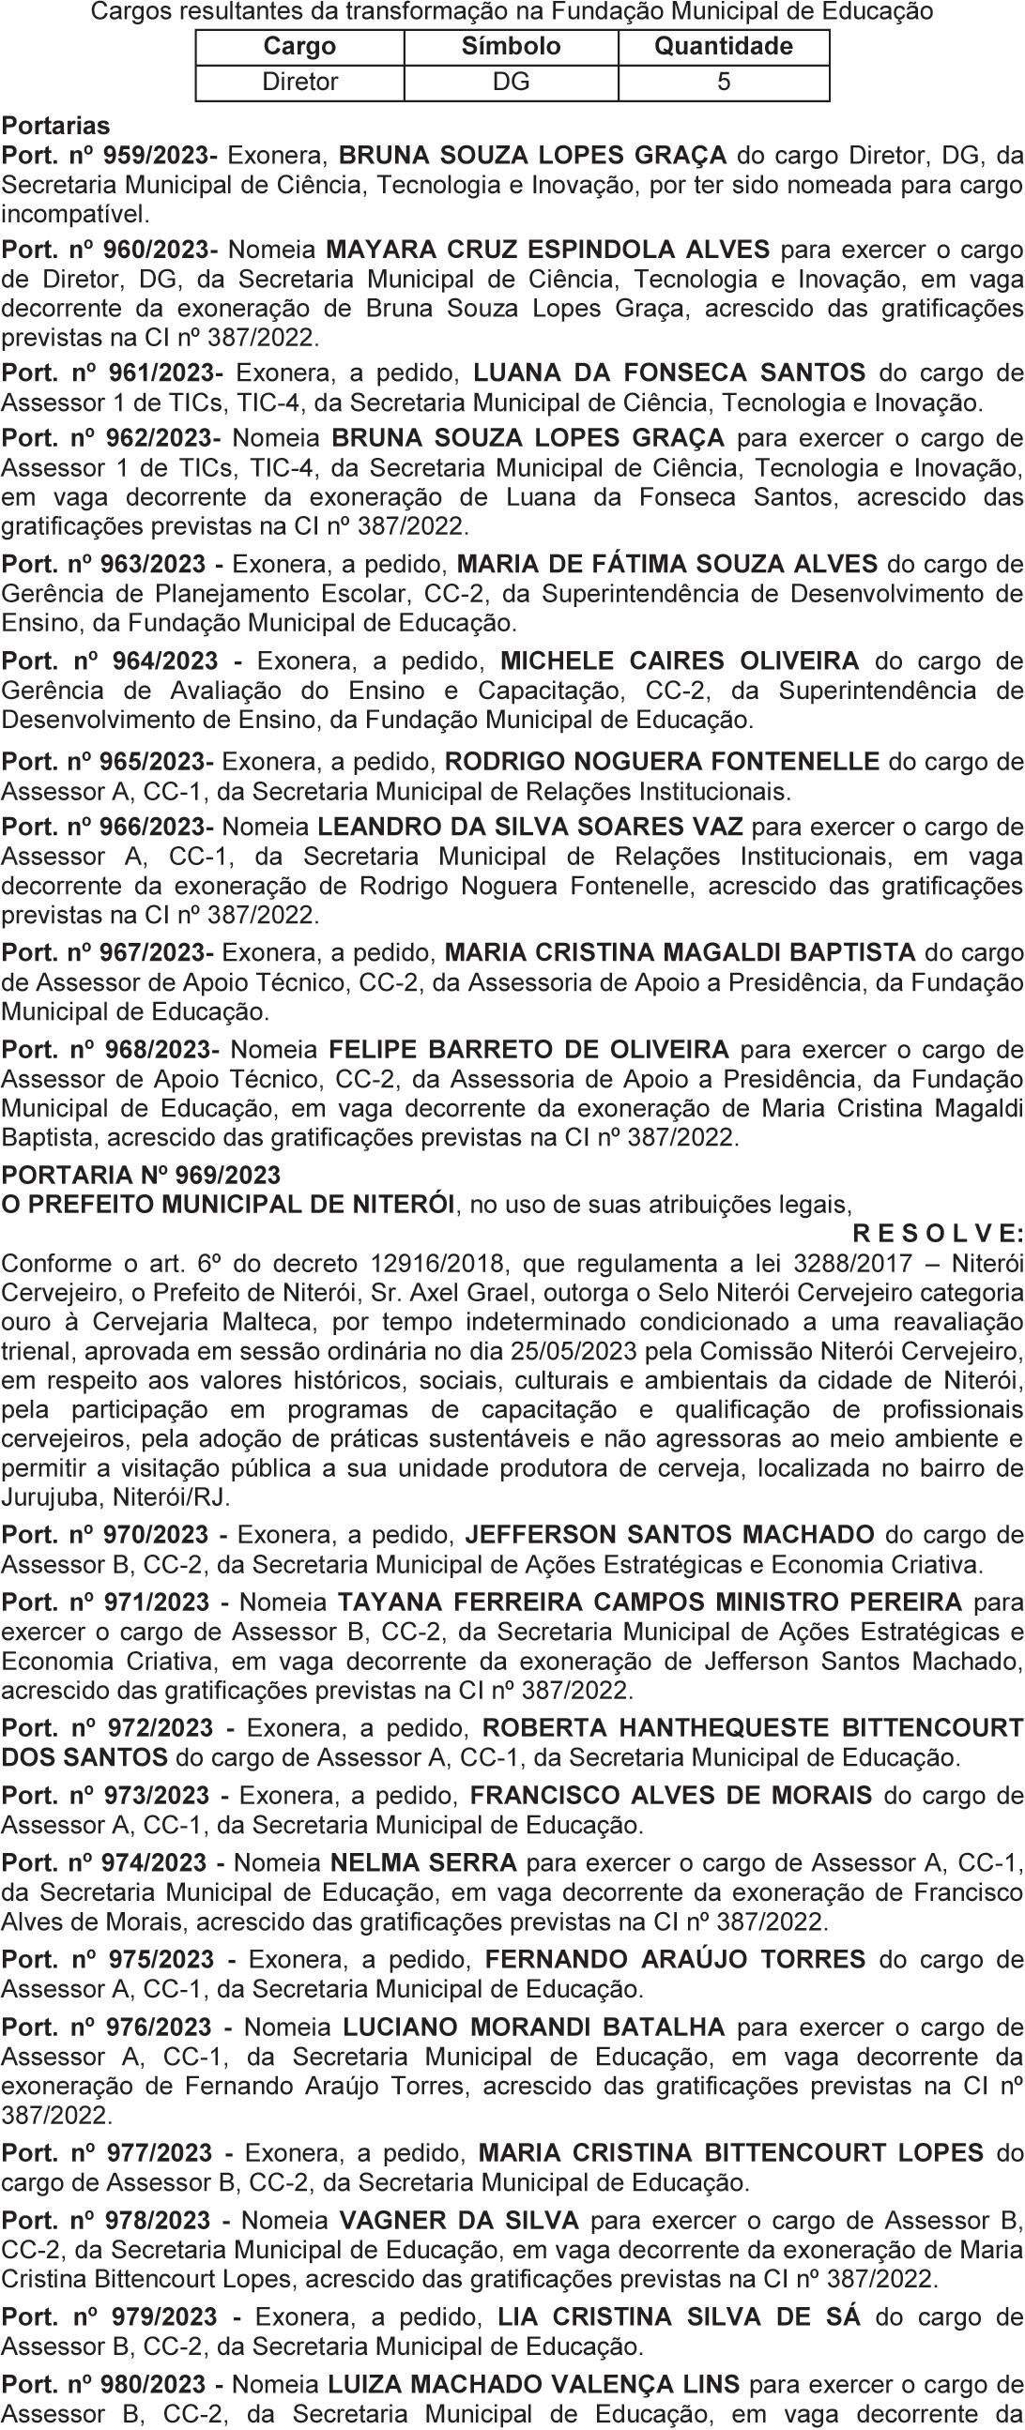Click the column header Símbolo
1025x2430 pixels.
(511, 46)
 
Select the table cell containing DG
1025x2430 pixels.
(511, 82)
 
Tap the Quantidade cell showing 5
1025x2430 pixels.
(723, 82)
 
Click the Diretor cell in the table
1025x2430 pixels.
(299, 82)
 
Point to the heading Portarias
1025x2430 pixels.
(55, 126)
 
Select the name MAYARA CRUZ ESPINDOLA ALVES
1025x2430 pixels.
(547, 250)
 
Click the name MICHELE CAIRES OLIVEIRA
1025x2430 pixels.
(680, 661)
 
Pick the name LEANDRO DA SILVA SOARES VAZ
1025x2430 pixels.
(530, 828)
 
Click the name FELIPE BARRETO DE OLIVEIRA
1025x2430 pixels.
(528, 1050)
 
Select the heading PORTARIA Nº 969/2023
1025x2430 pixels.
(142, 1176)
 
